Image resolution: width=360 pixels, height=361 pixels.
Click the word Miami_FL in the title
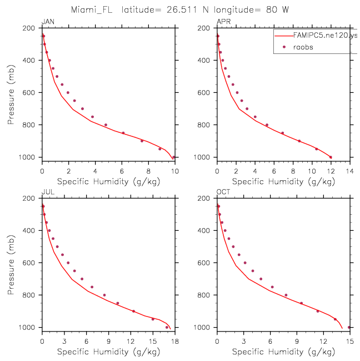92,10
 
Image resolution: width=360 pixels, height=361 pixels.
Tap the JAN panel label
48,22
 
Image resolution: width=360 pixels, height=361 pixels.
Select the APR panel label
223,22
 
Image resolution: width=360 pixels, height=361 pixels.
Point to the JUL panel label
48,192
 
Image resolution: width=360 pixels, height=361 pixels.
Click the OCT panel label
223,192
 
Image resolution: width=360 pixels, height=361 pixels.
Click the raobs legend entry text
303,47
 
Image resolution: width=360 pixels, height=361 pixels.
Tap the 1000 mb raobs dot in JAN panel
173,157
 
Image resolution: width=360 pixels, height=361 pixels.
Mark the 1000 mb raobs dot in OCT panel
349,327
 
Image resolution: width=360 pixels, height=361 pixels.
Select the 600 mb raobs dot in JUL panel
68,263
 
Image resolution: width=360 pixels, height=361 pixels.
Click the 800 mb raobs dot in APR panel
267,125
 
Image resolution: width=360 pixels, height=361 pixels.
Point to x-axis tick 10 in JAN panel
175,171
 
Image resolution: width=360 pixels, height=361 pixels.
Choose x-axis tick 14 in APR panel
350,171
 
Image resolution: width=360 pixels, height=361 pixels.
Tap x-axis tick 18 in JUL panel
175,341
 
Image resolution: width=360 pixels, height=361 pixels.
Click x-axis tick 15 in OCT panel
350,341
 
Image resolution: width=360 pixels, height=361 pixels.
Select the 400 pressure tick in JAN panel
29,60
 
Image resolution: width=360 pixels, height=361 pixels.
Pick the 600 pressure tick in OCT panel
204,263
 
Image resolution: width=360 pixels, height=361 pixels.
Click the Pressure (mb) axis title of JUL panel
11,265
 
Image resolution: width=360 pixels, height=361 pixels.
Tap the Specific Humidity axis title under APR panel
283,182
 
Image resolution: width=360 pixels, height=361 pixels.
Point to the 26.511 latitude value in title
182,10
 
